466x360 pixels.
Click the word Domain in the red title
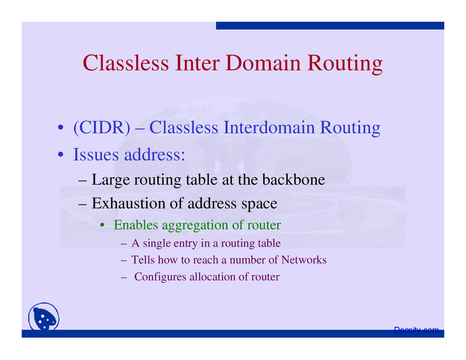pos(263,63)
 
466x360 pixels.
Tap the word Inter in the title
pos(197,63)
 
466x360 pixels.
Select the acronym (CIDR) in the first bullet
pos(102,128)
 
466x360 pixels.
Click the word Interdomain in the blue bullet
pos(269,127)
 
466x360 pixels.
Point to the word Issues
pos(96,154)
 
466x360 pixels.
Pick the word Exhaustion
pos(129,203)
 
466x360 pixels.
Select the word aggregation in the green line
pos(196,225)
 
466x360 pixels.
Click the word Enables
pos(136,225)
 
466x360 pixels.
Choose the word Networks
pos(304,260)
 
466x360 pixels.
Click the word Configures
pos(160,277)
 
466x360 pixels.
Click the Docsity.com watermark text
pos(416,330)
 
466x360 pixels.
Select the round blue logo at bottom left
pos(44,317)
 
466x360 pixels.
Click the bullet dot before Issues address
pos(61,154)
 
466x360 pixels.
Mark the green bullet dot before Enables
pos(102,225)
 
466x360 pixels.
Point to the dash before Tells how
pos(123,261)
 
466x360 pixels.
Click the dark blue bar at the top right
pos(330,25)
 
